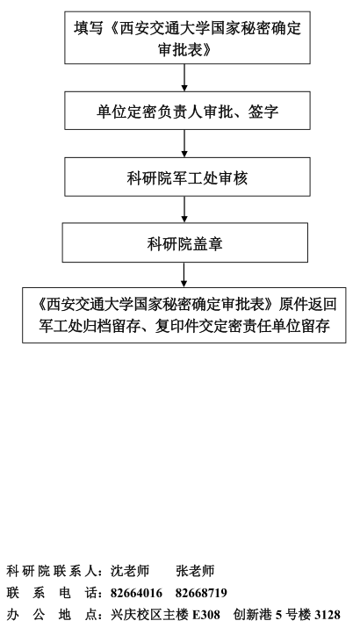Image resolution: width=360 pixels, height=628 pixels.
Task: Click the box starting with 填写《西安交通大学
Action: pos(187,37)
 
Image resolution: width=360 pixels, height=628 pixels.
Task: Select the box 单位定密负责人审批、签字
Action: pos(187,111)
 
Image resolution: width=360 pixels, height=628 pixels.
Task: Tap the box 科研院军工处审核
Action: pos(187,177)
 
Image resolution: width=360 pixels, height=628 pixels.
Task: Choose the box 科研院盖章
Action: pos(185,242)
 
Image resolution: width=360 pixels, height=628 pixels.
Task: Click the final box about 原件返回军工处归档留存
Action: pos(184,315)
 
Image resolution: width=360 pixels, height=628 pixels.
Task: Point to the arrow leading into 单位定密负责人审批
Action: pos(184,77)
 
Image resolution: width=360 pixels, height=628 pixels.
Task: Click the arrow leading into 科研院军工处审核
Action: pos(184,143)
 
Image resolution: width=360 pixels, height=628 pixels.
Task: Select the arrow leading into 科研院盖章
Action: pos(184,209)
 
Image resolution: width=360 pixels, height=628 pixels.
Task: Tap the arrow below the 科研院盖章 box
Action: pos(184,275)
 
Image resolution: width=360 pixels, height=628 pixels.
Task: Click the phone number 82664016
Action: pos(137,593)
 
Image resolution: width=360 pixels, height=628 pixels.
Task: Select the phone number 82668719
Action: pos(201,593)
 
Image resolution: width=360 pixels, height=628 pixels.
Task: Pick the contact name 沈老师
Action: pos(130,571)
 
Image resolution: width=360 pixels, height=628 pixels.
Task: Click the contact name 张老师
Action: pos(196,571)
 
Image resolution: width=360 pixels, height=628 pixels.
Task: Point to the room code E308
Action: pos(206,614)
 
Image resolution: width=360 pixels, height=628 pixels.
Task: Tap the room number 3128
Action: pos(328,614)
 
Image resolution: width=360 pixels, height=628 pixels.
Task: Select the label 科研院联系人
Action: pos(50,571)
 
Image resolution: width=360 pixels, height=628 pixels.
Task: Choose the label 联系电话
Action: pos(50,593)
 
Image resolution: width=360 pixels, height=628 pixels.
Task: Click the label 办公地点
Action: pos(50,614)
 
